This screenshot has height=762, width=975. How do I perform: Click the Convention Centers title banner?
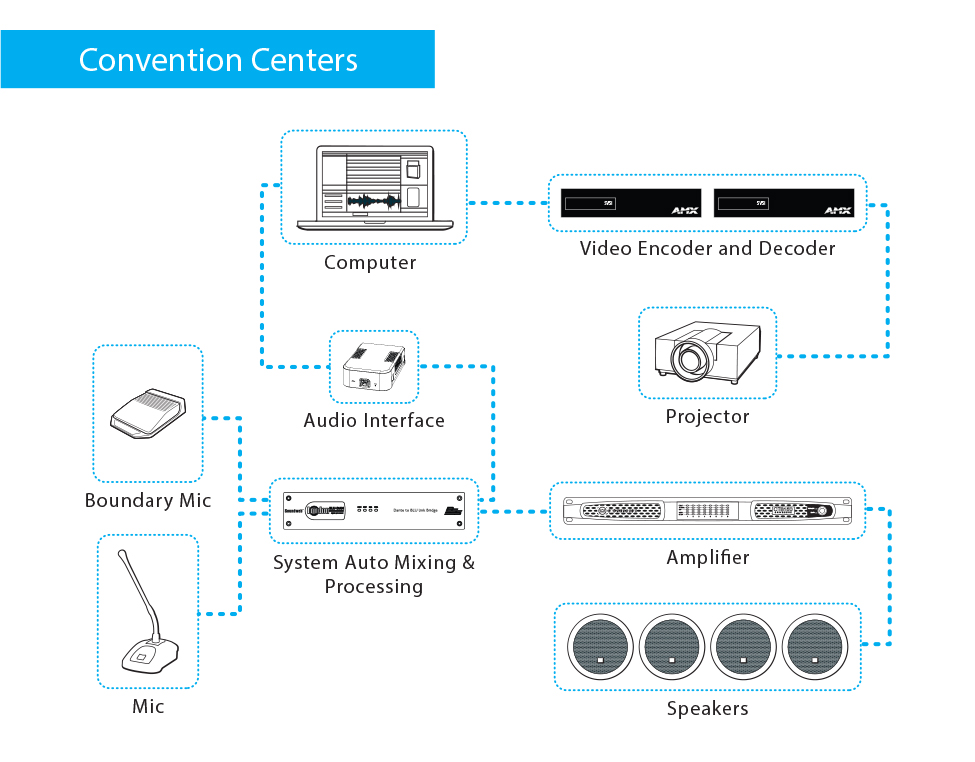click(218, 60)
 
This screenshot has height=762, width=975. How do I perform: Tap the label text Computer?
click(370, 263)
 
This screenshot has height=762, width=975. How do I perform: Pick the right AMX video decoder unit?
click(783, 203)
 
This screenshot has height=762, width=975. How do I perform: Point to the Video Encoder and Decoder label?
click(707, 248)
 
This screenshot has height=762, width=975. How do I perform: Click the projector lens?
click(692, 356)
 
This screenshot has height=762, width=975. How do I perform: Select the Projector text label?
click(707, 416)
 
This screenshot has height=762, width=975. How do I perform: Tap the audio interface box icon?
click(373, 367)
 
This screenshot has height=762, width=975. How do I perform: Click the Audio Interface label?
click(374, 421)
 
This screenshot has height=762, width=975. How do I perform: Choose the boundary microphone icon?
click(147, 413)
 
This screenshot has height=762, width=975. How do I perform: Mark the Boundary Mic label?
click(148, 500)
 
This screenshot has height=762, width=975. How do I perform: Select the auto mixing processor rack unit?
click(373, 511)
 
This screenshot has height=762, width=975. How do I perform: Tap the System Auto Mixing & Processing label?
click(374, 574)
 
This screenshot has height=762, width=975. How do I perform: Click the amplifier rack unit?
click(707, 511)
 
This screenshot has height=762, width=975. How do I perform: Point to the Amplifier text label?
click(707, 557)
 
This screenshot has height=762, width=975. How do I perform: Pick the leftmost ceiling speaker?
click(601, 646)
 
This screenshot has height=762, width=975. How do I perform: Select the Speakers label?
click(707, 709)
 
